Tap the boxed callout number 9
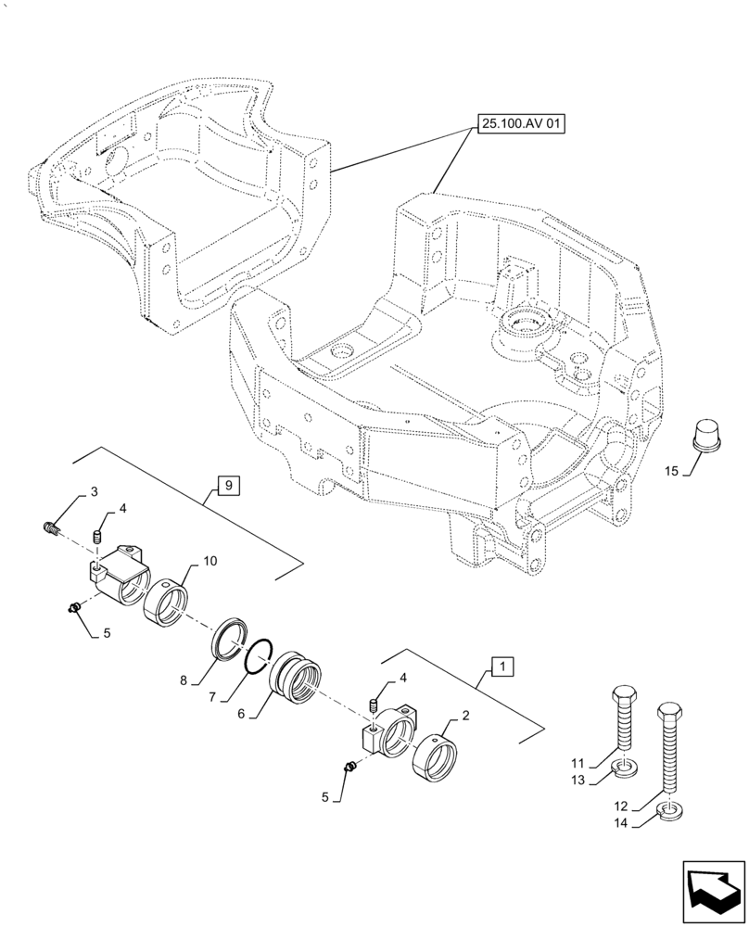229,483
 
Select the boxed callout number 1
501,666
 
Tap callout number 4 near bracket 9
122,508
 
